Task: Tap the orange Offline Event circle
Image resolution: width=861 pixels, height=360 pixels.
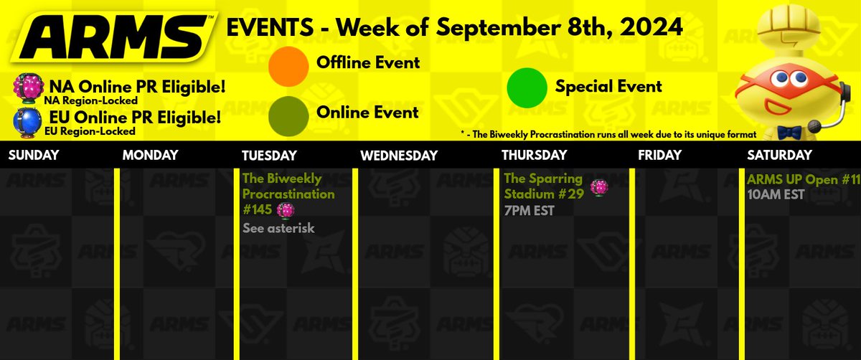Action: pos(288,63)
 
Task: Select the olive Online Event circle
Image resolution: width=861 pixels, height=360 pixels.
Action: pos(288,113)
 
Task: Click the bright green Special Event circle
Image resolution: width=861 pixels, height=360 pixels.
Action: pos(527,87)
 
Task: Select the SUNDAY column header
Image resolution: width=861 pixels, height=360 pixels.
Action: pos(34,155)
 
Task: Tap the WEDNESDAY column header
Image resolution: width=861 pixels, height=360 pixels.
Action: pos(398,155)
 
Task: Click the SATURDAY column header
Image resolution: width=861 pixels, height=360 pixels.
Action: pos(779,155)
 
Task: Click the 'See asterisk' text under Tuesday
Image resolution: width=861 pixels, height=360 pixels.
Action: pos(278,228)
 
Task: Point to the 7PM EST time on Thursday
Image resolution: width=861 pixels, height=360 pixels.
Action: pos(529,211)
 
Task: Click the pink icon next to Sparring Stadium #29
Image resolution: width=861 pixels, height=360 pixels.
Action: pos(599,187)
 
